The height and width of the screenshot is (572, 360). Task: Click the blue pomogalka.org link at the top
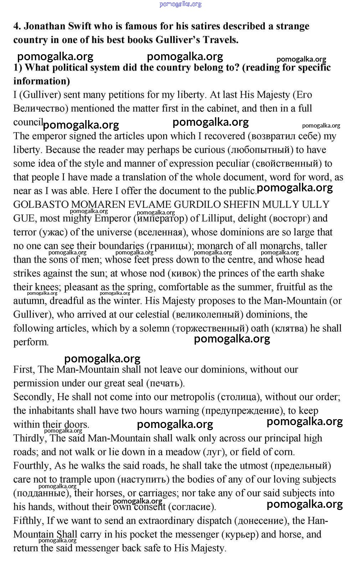tap(180, 4)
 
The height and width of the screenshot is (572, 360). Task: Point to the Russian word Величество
tap(41, 108)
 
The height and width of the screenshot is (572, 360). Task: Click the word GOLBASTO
tap(41, 205)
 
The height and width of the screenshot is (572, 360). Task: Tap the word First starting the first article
tap(24, 370)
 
